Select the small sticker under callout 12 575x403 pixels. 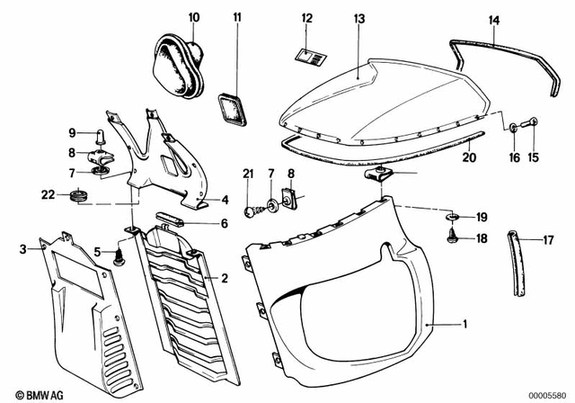tap(313, 57)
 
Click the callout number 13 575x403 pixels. tap(359, 16)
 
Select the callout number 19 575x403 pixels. tap(482, 217)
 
